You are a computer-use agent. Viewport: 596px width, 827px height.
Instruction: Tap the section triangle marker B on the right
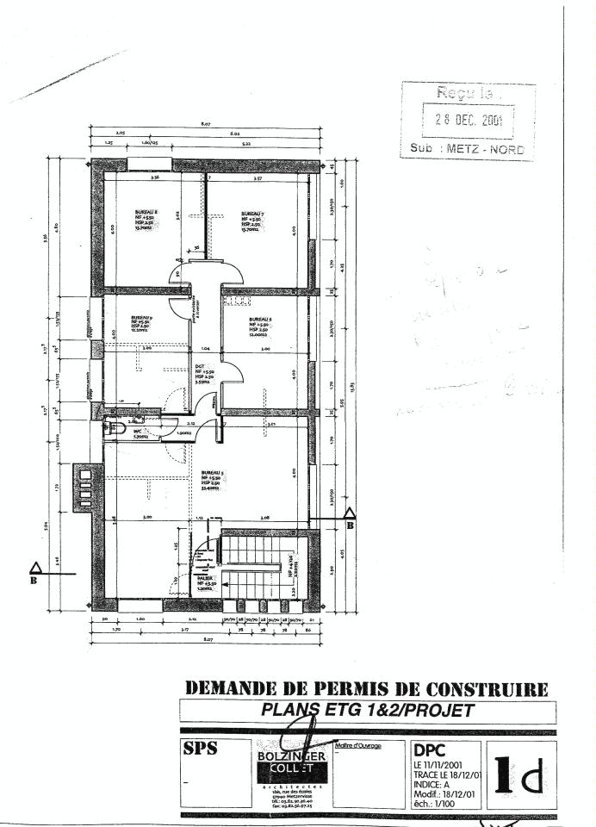pos(351,515)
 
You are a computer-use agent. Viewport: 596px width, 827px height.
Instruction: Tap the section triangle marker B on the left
pos(35,568)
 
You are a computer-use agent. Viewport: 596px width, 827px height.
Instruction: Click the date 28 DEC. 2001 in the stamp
pos(468,120)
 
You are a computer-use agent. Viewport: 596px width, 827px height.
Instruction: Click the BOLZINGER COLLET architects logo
pos(292,762)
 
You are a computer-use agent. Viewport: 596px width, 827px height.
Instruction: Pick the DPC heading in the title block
pos(429,750)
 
